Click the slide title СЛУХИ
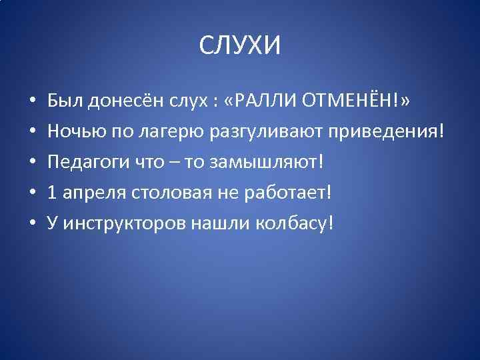(x=240, y=46)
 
